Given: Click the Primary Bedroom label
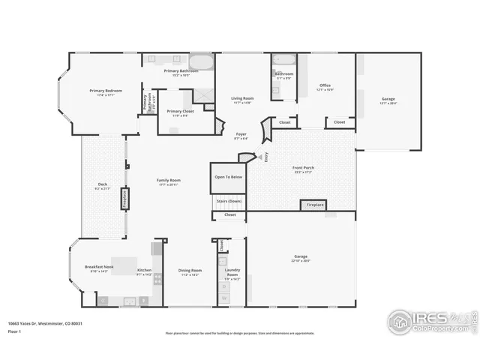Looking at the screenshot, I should tap(105, 91).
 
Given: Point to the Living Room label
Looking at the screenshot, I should tap(241, 99).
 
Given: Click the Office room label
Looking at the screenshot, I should tap(325, 86).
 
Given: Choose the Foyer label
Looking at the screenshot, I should tap(241, 135).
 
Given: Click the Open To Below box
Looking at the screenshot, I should tap(228, 177).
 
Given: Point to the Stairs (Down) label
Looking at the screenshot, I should tap(229, 201).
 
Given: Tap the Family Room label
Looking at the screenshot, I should tap(168, 181).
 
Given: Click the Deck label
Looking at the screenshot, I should tap(102, 186).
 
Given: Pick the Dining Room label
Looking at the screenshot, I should tap(190, 271).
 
